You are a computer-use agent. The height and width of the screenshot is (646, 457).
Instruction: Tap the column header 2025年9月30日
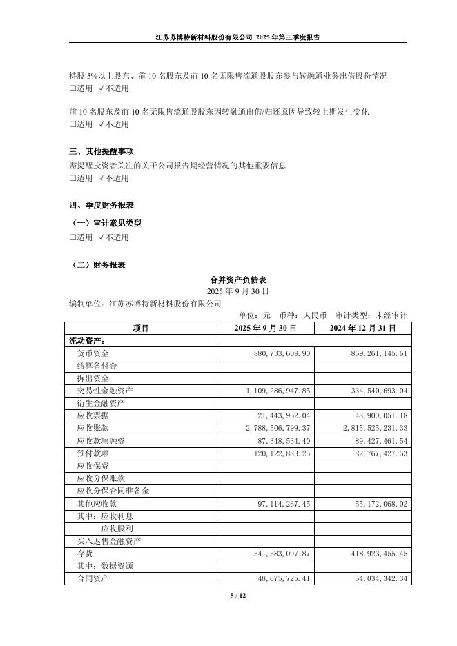(x=265, y=328)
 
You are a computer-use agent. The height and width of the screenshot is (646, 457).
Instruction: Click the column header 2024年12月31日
(x=363, y=328)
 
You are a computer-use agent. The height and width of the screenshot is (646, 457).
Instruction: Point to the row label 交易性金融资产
(x=104, y=391)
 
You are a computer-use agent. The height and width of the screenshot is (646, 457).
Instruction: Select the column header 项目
(x=141, y=328)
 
